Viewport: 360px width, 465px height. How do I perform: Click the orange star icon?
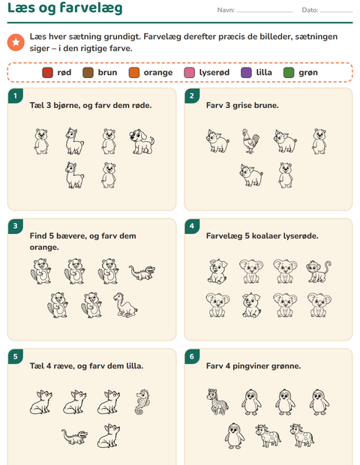pos(16,43)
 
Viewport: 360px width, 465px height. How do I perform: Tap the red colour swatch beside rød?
pos(47,73)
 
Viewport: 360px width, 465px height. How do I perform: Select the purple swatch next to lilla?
pos(246,73)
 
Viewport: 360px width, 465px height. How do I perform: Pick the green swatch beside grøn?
pos(289,73)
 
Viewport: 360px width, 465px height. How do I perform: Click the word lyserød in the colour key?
pos(214,73)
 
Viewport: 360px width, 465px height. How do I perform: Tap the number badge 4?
pos(191,226)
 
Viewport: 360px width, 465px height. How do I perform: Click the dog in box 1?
pos(142,142)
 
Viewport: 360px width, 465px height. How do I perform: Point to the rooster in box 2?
pos(250,141)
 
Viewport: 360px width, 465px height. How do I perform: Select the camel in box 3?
pos(125,305)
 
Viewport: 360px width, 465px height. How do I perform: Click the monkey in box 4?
pos(319,271)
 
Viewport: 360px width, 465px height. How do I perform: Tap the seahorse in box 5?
pos(143,402)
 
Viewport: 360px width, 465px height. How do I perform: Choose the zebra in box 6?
pos(217,401)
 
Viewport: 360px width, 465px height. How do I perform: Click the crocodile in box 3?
pos(142,273)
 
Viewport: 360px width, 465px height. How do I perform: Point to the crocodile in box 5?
pos(75,436)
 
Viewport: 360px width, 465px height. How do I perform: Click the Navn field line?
pos(265,12)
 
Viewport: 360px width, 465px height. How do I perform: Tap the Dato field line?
pos(336,12)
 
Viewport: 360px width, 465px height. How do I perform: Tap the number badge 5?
pos(15,356)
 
